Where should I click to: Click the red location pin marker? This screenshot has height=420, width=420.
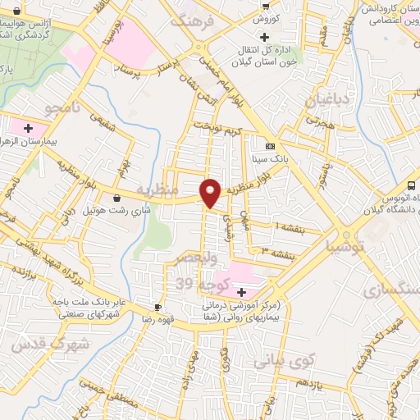click(211, 193)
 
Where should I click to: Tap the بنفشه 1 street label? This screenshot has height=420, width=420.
click(290, 227)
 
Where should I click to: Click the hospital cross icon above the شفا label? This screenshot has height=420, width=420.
click(241, 292)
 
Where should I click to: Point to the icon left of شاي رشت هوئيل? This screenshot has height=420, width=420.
click(116, 198)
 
